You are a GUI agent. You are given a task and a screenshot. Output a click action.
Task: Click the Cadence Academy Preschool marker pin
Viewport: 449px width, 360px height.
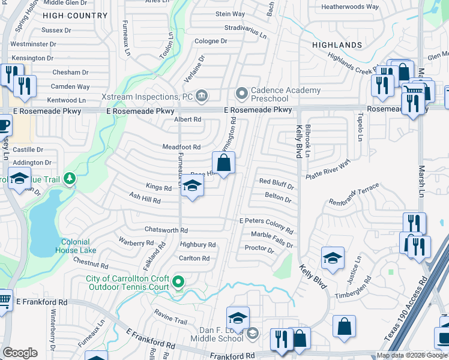click(242, 94)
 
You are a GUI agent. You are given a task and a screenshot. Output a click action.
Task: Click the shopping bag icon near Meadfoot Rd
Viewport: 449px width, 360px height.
click(223, 163)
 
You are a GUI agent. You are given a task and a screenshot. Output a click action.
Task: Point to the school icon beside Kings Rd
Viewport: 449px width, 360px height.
click(193, 187)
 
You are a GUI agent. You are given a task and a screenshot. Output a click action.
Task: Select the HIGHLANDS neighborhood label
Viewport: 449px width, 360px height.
click(337, 45)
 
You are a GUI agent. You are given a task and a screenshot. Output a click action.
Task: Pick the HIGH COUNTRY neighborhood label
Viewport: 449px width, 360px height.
click(76, 15)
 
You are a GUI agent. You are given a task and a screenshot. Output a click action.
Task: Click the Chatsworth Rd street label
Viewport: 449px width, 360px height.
click(166, 230)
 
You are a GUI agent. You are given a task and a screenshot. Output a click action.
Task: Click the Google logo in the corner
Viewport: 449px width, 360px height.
click(20, 353)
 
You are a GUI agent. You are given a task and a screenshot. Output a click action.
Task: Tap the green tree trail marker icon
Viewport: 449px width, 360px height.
click(70, 178)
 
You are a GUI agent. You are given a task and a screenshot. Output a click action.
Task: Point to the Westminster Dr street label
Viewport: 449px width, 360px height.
click(33, 44)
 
